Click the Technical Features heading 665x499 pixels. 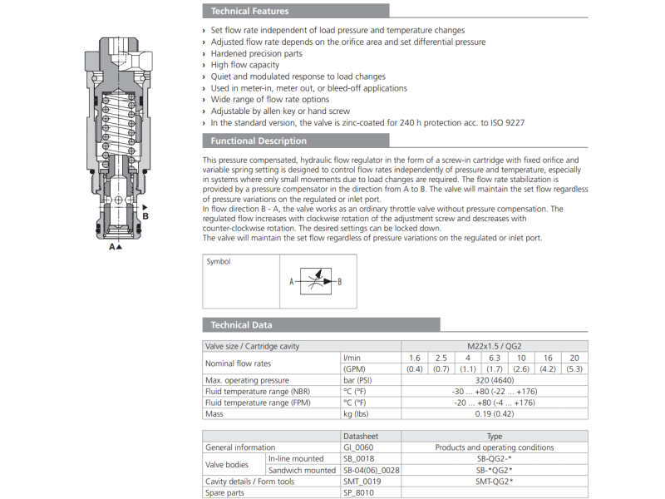pos(250,12)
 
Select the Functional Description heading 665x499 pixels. pos(259,141)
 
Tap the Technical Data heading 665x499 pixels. pos(241,325)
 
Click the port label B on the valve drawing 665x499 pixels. pos(145,216)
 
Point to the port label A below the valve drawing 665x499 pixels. pos(112,247)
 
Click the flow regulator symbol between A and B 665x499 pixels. pos(316,282)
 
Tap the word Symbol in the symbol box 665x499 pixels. pos(219,261)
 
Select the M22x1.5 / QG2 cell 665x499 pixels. pos(494,346)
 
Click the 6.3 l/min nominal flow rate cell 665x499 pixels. pos(494,357)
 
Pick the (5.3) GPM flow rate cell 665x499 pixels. pos(574,368)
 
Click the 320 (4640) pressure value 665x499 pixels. pos(494,380)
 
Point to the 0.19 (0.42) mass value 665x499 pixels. pos(494,413)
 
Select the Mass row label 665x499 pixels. pos(214,413)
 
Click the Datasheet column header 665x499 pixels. pos(361,436)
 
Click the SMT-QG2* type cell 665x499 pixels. pos(494,481)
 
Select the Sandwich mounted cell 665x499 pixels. pos(302,470)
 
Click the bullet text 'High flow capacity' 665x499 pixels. pos(245,65)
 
